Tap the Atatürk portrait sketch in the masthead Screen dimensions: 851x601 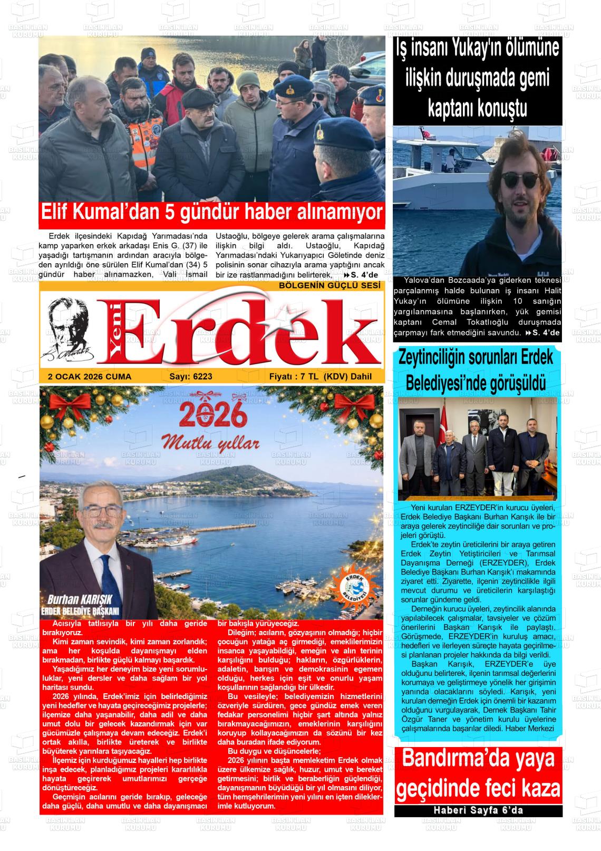69,329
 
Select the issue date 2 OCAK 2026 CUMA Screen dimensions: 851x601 90,377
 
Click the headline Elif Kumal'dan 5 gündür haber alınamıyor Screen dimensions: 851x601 211,212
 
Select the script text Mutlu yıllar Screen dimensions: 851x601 211,442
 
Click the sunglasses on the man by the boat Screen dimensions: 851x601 519,179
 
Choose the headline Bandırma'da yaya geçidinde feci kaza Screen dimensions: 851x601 478,774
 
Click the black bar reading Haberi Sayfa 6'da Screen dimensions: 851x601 478,810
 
